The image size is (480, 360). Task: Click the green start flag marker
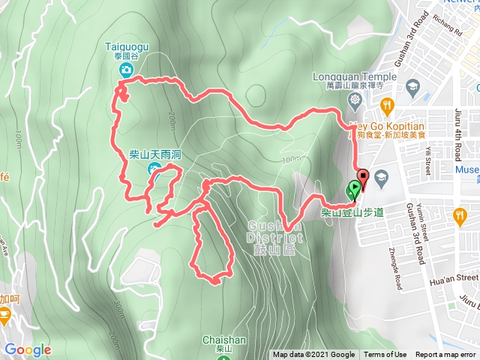point(352,190)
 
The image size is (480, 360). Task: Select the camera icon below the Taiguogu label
point(126,70)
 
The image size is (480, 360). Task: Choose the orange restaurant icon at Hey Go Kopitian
point(387,106)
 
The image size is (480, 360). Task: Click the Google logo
point(27,349)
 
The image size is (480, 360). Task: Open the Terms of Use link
point(385,355)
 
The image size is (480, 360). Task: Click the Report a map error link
point(445,355)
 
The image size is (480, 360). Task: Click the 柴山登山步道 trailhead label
point(352,214)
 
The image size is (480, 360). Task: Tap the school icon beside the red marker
point(382,177)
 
